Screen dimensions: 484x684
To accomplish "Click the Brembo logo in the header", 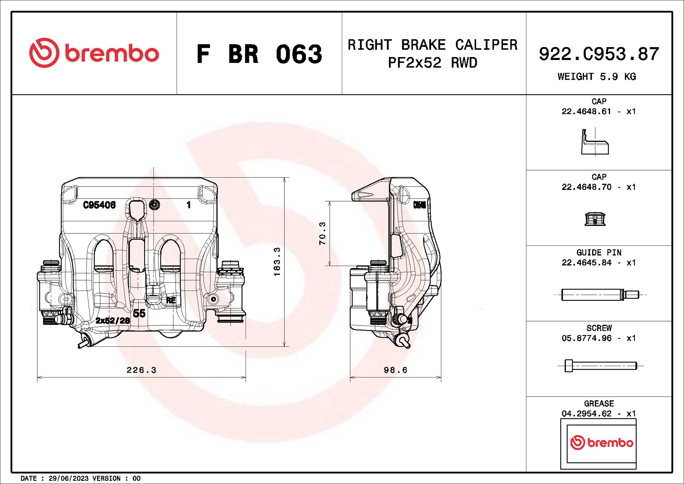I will click(x=94, y=53).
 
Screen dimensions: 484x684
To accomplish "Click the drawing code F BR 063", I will click(x=259, y=54).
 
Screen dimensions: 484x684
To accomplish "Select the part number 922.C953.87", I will click(x=599, y=54).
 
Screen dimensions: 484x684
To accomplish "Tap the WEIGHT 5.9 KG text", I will click(x=597, y=76).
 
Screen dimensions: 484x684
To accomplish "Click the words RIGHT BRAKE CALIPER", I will click(x=432, y=45).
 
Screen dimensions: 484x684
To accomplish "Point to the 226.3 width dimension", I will click(x=141, y=370).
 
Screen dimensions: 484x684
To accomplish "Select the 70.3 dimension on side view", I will click(x=322, y=233).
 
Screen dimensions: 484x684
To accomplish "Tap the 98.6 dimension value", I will click(x=395, y=370).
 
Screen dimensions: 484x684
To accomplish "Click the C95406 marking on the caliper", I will click(x=99, y=205).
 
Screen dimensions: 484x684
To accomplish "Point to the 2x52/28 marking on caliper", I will click(x=113, y=320).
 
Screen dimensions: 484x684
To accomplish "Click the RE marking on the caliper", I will click(x=171, y=300).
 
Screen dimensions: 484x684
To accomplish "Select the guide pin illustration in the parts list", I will click(x=600, y=294).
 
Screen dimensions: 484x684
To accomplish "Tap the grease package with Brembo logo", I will click(x=598, y=443).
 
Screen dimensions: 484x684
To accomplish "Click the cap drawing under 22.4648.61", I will click(x=594, y=142).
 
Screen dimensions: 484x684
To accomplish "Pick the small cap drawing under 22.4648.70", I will click(x=595, y=219).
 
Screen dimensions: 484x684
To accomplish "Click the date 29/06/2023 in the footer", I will click(x=68, y=478).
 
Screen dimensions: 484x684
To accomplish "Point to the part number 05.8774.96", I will click(x=586, y=338).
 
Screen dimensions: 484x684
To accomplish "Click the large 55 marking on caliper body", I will click(x=139, y=313).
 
